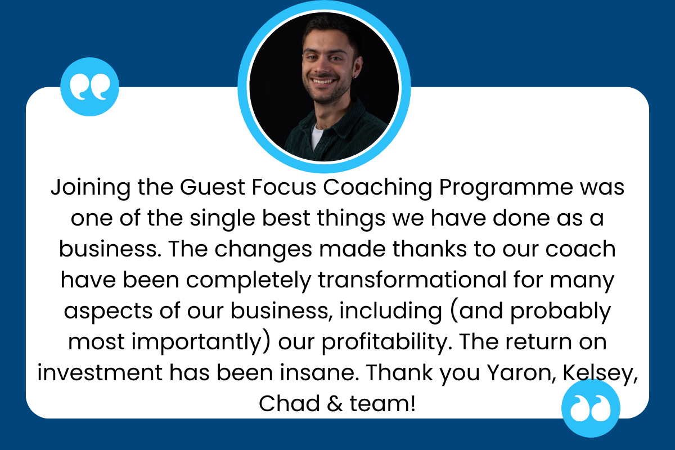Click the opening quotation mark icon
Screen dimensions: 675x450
coord(90,87)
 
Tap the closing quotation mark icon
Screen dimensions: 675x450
coord(591,408)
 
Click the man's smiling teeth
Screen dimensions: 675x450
coord(323,82)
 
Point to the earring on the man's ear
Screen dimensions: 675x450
coord(355,78)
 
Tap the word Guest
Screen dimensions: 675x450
coord(213,187)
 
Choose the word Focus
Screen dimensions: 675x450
coord(284,187)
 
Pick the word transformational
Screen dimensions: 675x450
coord(412,280)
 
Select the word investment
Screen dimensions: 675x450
coord(100,373)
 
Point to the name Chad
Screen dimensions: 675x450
coord(289,404)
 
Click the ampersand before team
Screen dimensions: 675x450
coord(335,404)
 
